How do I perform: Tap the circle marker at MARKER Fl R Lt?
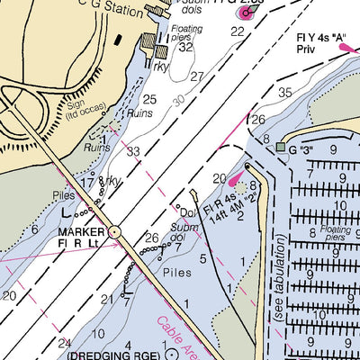(114, 232)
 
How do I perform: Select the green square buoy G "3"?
(280, 147)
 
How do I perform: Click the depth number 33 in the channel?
(133, 151)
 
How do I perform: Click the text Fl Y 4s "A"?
(328, 38)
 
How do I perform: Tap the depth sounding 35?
(285, 93)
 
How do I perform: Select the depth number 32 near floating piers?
(186, 48)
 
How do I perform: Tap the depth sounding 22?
(238, 31)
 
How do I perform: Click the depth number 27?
(197, 76)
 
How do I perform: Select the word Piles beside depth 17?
(62, 193)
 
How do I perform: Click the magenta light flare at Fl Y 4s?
(346, 49)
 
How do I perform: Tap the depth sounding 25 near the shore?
(149, 99)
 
